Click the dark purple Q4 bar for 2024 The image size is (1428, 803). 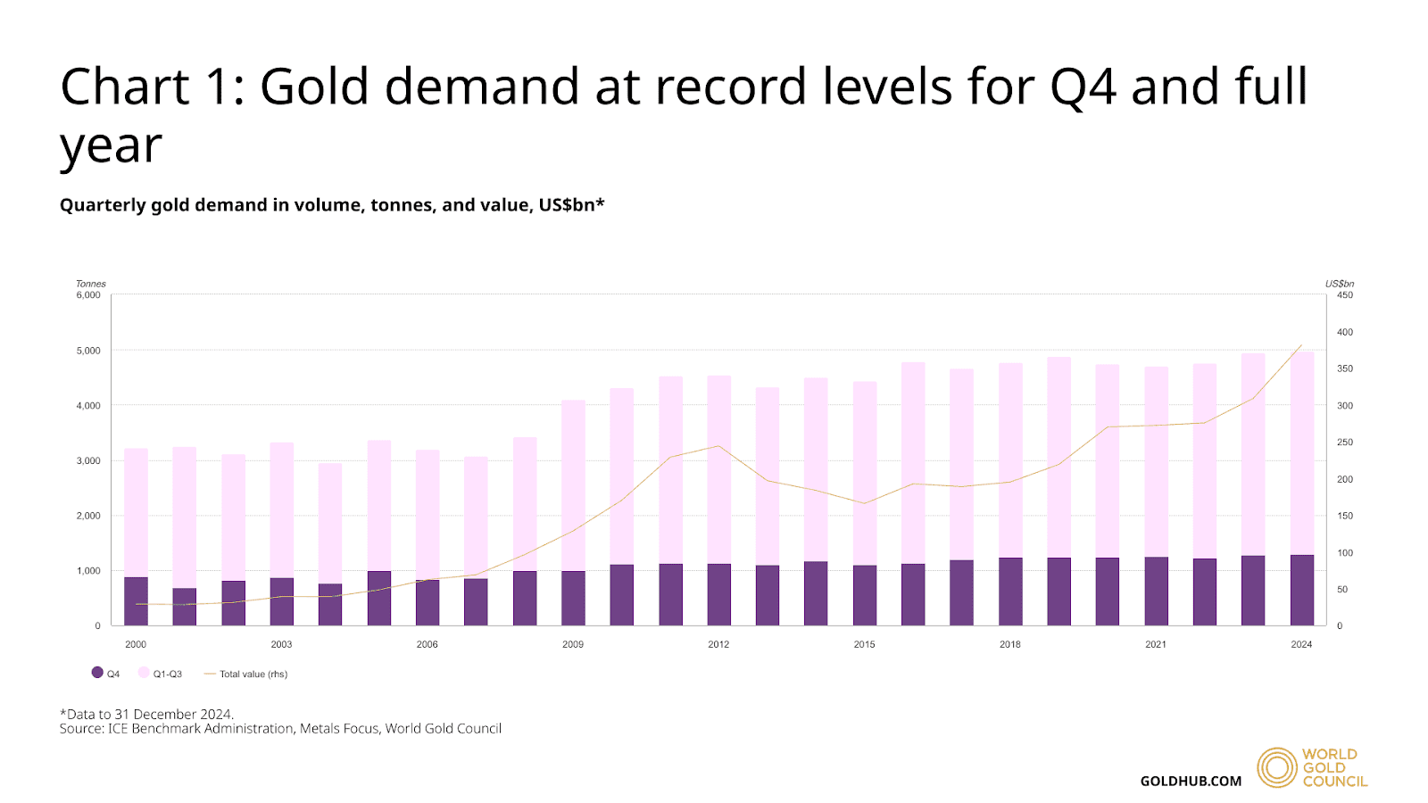pos(1301,590)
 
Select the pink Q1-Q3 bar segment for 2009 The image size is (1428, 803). pos(573,485)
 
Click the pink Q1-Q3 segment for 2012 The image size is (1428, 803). pos(718,469)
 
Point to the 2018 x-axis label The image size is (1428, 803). pos(1009,644)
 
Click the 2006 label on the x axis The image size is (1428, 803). pos(427,644)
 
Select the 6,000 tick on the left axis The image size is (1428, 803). pos(88,295)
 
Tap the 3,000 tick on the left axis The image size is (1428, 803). pos(88,461)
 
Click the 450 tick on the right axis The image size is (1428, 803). pos(1344,295)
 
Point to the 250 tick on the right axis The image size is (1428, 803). pos(1344,443)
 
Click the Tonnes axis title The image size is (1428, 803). pos(90,284)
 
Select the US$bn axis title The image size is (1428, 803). pos(1339,284)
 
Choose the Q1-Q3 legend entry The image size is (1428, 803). pos(161,674)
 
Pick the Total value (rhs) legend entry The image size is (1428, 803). pos(246,674)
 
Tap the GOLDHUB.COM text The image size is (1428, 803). pos(1191,781)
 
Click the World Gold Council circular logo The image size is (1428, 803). pos(1276,767)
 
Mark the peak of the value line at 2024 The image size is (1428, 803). pos(1301,345)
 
